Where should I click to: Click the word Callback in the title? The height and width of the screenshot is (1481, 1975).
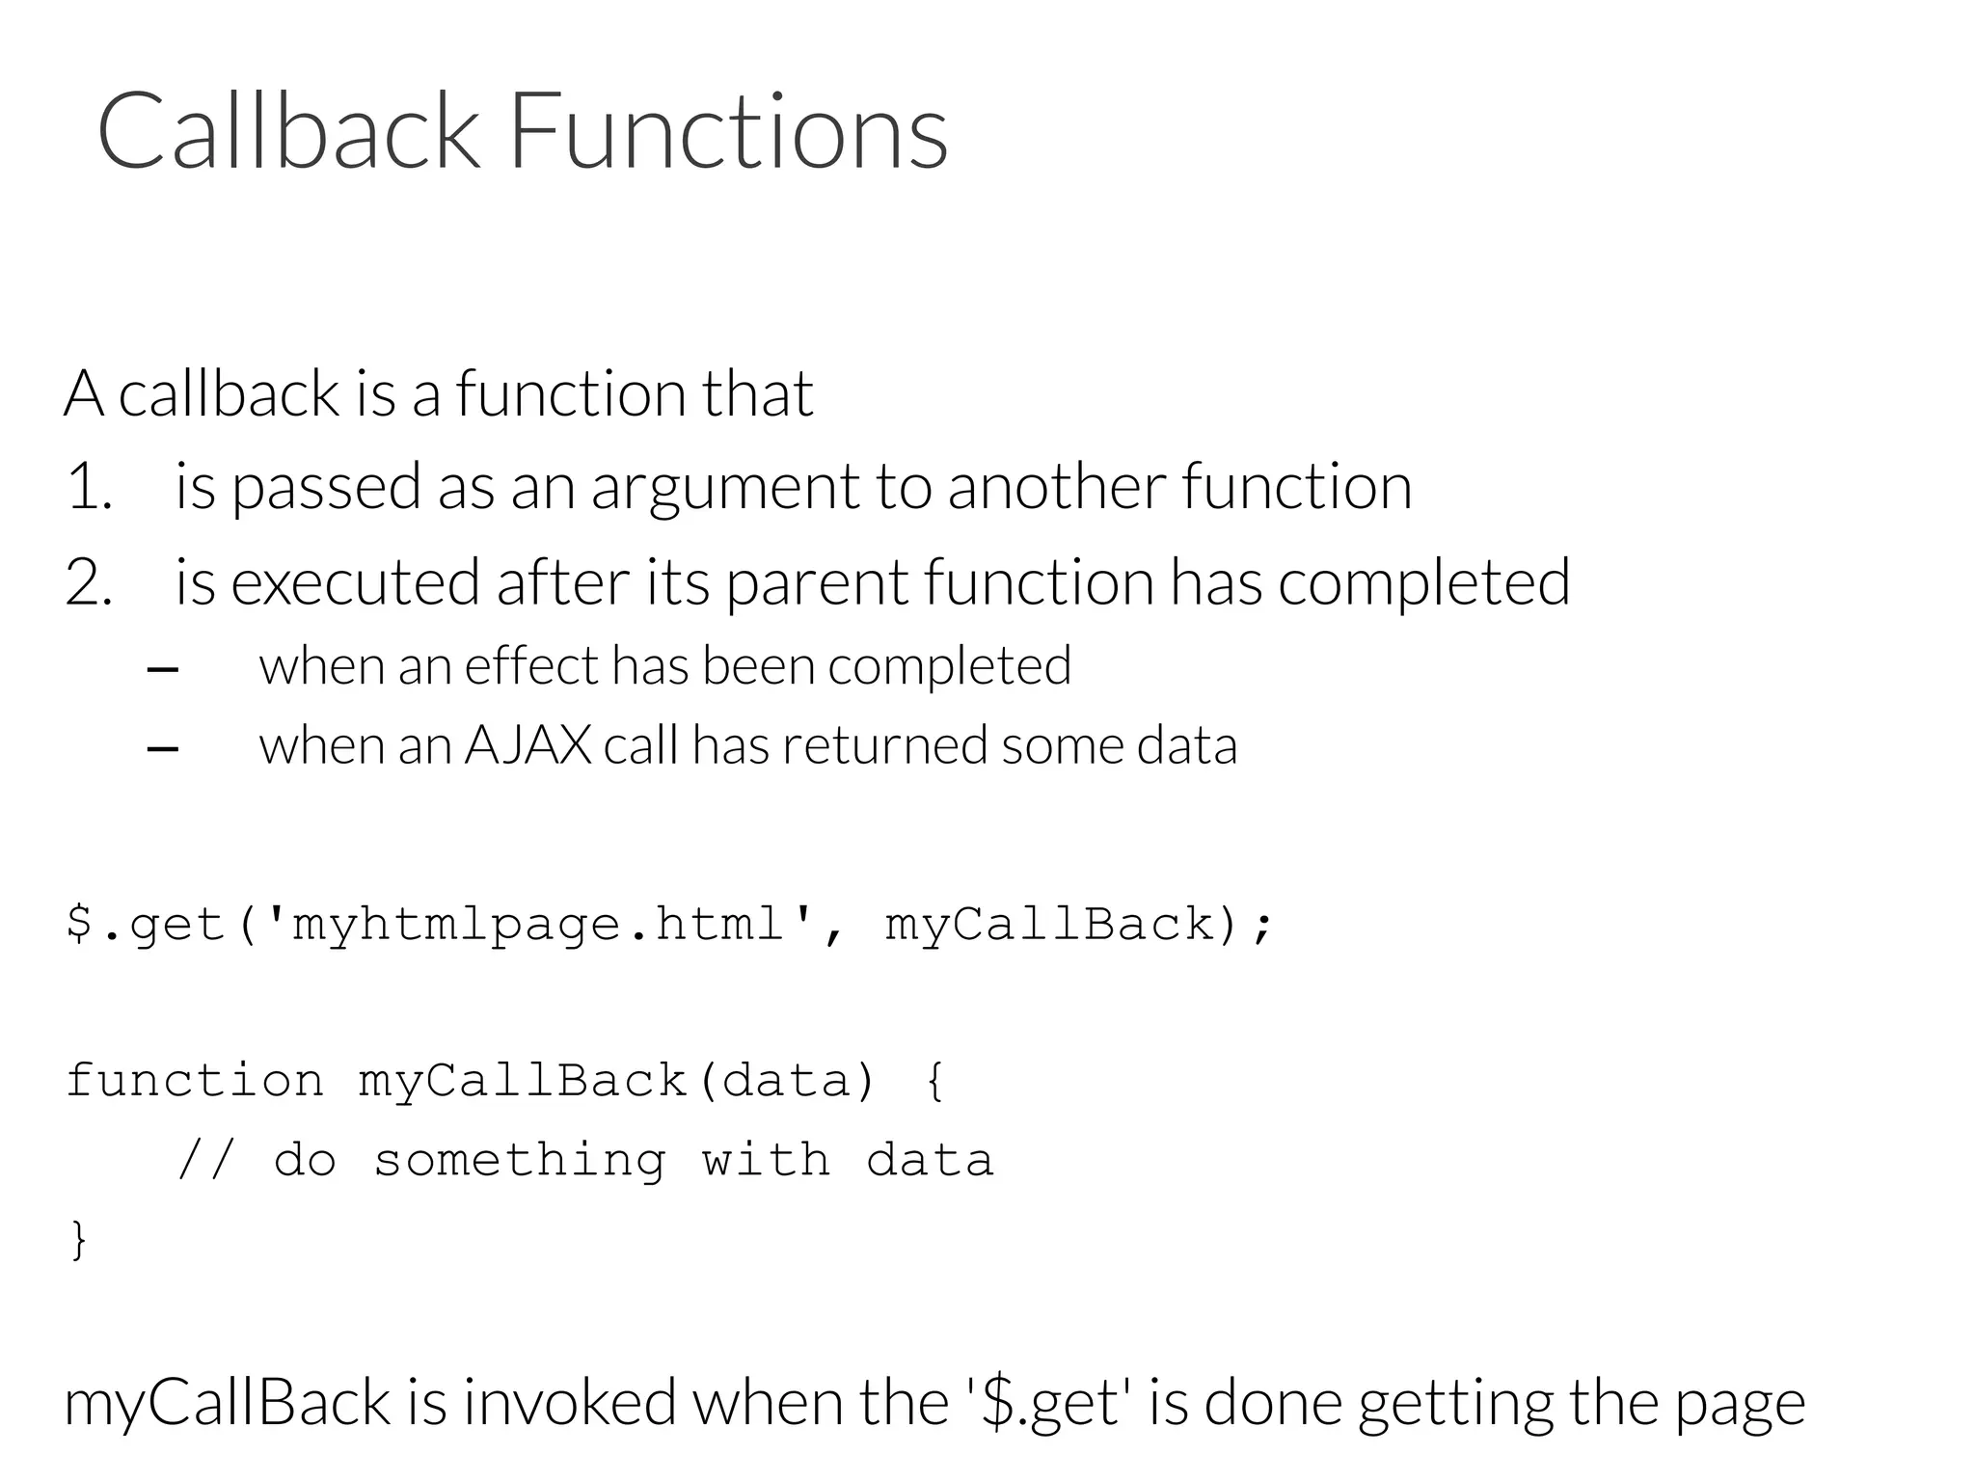[x=287, y=131]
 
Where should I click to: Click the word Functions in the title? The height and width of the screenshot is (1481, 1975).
[x=728, y=131]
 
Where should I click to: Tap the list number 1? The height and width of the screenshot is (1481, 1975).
[x=88, y=487]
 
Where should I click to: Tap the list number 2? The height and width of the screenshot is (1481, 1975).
[x=88, y=583]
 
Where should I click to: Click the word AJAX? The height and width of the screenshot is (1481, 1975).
[x=528, y=745]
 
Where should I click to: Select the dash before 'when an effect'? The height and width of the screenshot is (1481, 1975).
[x=163, y=669]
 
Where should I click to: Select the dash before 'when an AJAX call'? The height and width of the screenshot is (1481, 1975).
[x=163, y=748]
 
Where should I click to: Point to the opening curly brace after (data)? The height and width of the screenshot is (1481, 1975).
[x=933, y=1081]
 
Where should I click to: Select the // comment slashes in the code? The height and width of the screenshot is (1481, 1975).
[x=206, y=1160]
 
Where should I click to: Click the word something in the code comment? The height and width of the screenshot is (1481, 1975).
[x=520, y=1160]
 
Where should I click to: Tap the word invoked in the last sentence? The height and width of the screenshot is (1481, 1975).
[x=569, y=1403]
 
